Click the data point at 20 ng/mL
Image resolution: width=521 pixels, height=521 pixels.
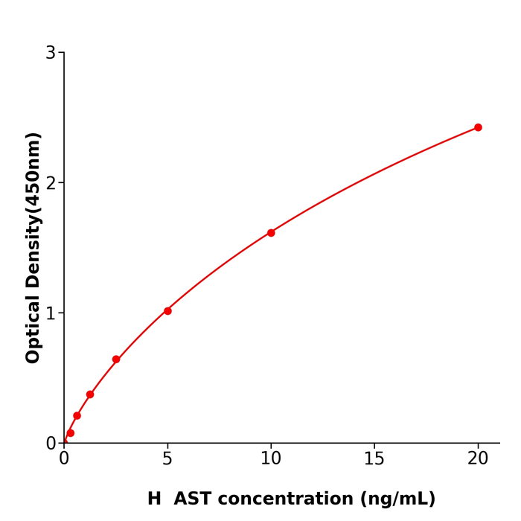[478, 127]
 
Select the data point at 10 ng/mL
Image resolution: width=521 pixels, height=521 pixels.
[271, 233]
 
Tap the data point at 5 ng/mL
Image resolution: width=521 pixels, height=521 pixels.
[167, 311]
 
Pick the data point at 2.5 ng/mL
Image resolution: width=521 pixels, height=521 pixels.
[116, 359]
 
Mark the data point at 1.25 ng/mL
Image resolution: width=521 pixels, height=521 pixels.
[90, 394]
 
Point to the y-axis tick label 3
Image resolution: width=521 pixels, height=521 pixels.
[51, 53]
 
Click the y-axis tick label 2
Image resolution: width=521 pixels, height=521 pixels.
[51, 183]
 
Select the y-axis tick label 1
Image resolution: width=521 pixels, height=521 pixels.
[51, 313]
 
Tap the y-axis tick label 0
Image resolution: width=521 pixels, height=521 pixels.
[51, 444]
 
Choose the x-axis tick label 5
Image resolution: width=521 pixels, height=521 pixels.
[167, 459]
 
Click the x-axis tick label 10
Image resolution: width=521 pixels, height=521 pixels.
[271, 459]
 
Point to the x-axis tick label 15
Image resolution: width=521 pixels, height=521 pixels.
[374, 459]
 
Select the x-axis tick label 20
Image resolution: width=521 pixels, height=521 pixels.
[478, 459]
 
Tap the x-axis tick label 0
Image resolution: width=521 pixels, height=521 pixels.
[64, 459]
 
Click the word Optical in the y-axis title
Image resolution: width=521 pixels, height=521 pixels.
[33, 330]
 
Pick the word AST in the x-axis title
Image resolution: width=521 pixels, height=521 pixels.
[194, 499]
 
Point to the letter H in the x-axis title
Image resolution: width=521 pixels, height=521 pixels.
[154, 499]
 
